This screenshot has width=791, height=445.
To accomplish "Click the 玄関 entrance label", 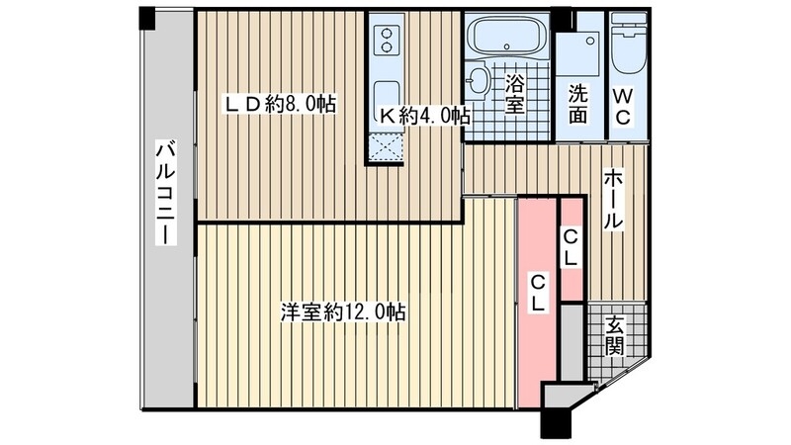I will pos(615,336).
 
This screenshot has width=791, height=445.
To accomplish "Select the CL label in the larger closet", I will pos(538,295).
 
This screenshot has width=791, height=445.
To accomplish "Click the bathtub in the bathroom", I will pos(504,38).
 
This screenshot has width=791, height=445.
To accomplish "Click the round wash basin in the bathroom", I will pos(478,79).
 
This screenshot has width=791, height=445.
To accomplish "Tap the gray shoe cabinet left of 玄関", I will pos(571,341).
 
